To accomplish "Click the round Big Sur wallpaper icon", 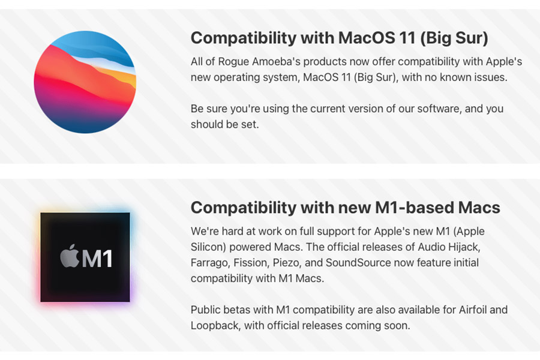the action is click(85, 82).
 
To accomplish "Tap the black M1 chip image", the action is click(85, 257).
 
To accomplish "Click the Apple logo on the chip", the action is click(70, 256).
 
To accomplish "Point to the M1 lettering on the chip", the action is click(97, 259).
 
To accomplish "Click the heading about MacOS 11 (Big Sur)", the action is click(339, 38).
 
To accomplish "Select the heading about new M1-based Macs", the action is click(346, 208).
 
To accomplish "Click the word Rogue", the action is click(233, 62).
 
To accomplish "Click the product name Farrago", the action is click(210, 263).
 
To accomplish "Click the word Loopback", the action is click(215, 326).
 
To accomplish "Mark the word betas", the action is click(236, 310).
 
